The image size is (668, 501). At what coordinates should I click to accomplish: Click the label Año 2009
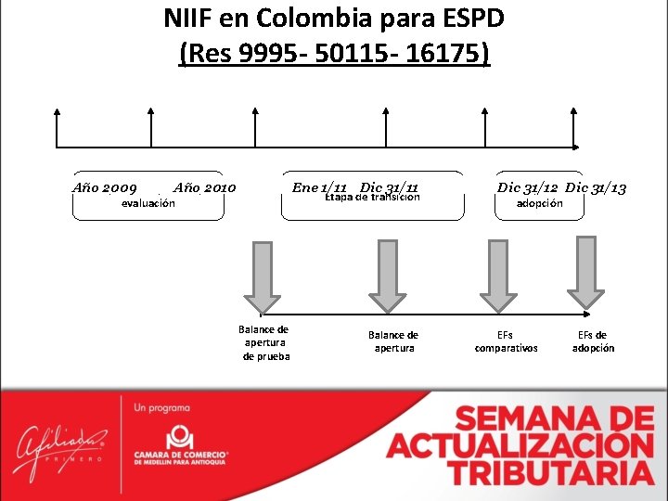tap(105, 188)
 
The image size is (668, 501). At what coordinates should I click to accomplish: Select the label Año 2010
tap(205, 188)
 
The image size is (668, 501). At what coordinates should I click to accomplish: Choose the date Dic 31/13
tap(596, 187)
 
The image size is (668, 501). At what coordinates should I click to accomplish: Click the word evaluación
tap(148, 203)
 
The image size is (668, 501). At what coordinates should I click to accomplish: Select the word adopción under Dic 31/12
tap(539, 203)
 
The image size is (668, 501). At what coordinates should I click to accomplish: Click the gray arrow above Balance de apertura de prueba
tap(263, 276)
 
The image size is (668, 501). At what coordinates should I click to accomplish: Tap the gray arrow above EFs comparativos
tap(499, 276)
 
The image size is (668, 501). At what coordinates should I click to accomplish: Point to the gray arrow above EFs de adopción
tap(586, 272)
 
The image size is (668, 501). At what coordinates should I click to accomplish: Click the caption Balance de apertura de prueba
tap(264, 342)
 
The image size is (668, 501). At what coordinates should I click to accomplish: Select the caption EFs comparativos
tap(506, 341)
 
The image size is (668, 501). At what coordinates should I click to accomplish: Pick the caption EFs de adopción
tap(593, 341)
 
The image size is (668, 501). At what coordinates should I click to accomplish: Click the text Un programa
tap(162, 408)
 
